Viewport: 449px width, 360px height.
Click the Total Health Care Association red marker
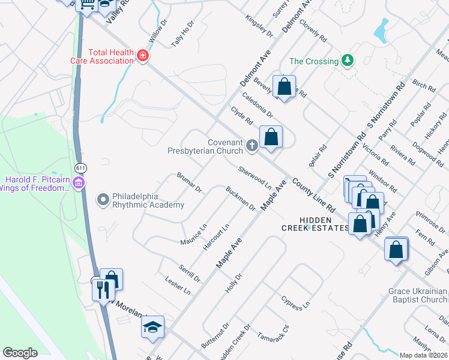(143, 56)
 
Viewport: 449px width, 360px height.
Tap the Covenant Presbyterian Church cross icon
(252, 145)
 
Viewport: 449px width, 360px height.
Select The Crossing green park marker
(347, 61)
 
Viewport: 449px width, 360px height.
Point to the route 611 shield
(80, 166)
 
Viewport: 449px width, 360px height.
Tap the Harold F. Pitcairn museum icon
(77, 182)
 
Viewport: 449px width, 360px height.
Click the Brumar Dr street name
(189, 182)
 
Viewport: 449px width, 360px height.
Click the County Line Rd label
(313, 197)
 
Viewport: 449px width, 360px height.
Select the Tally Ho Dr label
(183, 34)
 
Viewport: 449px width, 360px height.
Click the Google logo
(20, 353)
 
